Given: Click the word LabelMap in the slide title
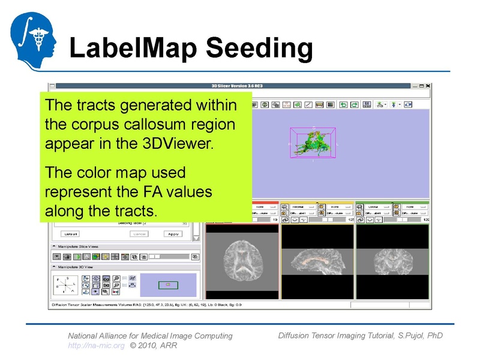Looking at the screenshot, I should pos(129,48).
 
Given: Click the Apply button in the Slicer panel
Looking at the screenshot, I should pos(173,233).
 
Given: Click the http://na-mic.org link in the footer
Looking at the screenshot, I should pos(96,346).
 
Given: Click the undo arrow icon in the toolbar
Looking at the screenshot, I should pos(343,104).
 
